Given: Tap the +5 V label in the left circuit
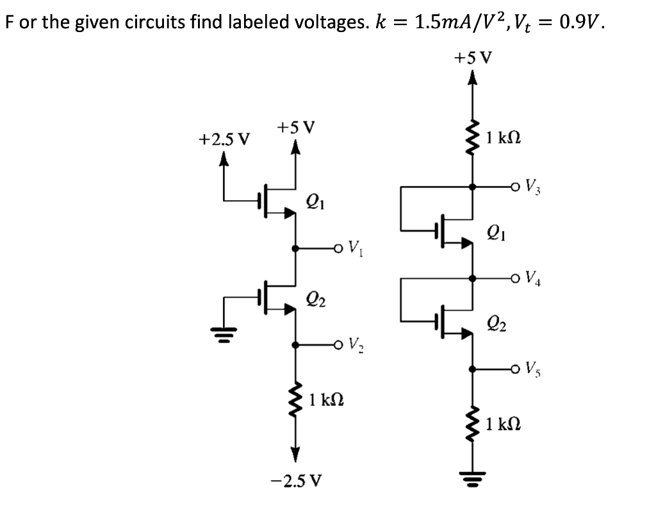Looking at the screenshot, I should (295, 126).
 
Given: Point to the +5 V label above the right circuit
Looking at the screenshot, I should (473, 58).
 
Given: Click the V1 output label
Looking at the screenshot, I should (356, 247).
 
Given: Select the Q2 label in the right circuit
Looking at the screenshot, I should (496, 323).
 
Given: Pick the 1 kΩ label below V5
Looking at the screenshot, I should (503, 424).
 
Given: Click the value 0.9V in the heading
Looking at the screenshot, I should (580, 24).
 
